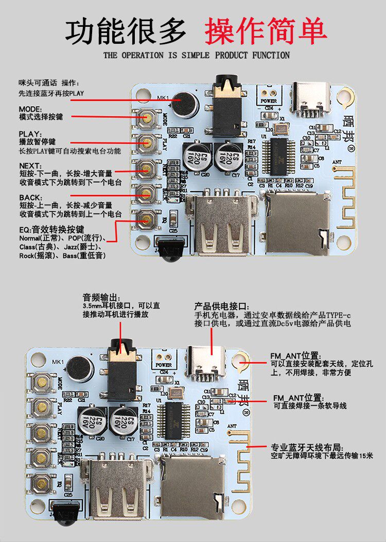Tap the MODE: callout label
coord(30,109)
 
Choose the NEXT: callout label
coord(30,165)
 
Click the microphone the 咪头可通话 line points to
coord(184,105)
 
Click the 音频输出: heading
coord(102,297)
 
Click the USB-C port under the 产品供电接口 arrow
coord(210,358)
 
